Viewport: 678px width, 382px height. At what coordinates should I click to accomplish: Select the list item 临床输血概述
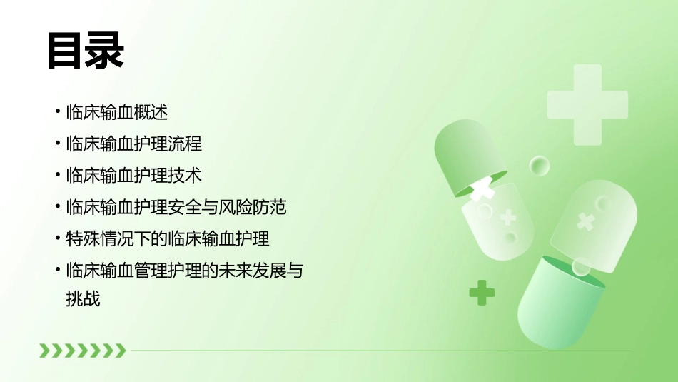tap(116, 112)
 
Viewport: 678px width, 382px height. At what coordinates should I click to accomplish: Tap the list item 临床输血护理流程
tap(133, 144)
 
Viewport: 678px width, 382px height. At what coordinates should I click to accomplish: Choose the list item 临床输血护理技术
tap(133, 175)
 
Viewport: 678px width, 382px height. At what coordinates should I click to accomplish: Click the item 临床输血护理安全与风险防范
tap(176, 207)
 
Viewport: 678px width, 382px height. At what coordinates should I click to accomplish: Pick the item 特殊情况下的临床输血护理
tap(167, 238)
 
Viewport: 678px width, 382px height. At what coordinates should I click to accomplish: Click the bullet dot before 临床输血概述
tap(57, 112)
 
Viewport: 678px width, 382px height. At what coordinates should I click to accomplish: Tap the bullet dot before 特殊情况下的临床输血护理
tap(57, 238)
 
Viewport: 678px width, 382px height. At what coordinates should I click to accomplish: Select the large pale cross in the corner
tap(587, 104)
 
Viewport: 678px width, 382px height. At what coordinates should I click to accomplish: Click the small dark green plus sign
tap(482, 292)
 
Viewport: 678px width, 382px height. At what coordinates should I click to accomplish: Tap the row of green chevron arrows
tap(82, 350)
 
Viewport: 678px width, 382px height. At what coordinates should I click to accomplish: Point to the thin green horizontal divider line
tap(378, 351)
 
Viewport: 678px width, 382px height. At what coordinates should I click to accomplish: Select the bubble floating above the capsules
tap(540, 166)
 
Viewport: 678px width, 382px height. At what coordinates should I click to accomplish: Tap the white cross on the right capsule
tap(585, 221)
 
